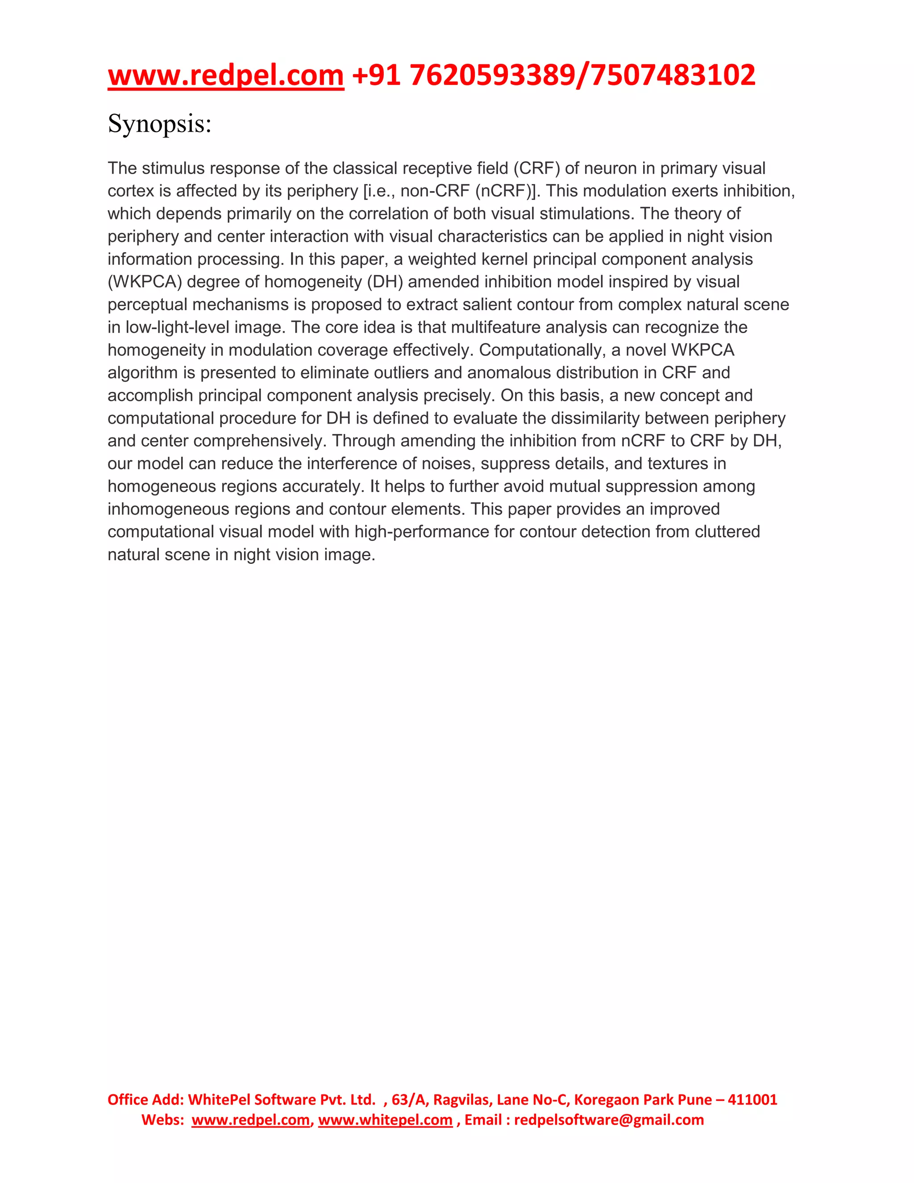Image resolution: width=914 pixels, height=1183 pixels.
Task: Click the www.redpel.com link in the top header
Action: [x=225, y=75]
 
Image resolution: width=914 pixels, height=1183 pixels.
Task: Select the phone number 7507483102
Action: [x=673, y=75]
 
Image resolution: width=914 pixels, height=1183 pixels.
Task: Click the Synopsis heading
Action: [x=159, y=124]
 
